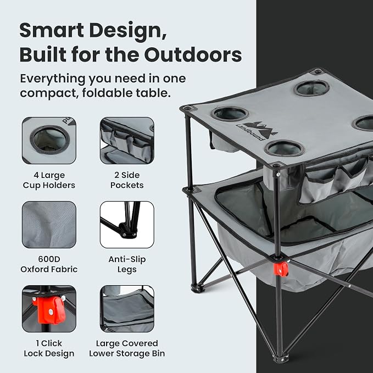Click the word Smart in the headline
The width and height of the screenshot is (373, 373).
(x=52, y=30)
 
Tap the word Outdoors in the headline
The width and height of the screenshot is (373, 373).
(x=193, y=55)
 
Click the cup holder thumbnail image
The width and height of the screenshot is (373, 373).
(x=49, y=140)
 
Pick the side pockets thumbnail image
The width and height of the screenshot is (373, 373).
(x=127, y=140)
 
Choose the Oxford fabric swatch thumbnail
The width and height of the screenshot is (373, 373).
(x=49, y=225)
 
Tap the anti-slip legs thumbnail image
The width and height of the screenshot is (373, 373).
(x=127, y=225)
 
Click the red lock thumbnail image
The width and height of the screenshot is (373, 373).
(x=49, y=309)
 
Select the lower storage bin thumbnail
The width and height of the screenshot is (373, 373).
(x=127, y=309)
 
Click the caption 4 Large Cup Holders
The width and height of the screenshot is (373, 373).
(x=49, y=180)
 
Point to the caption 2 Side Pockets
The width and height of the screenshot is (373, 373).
(x=127, y=180)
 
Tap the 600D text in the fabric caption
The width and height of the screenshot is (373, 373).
(x=49, y=259)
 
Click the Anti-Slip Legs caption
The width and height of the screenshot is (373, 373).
(x=127, y=264)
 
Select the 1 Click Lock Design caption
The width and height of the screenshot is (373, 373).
(x=49, y=348)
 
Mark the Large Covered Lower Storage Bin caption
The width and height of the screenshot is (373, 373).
(x=127, y=348)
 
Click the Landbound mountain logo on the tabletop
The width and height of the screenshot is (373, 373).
(x=258, y=131)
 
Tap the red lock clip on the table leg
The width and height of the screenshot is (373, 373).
(x=281, y=269)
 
